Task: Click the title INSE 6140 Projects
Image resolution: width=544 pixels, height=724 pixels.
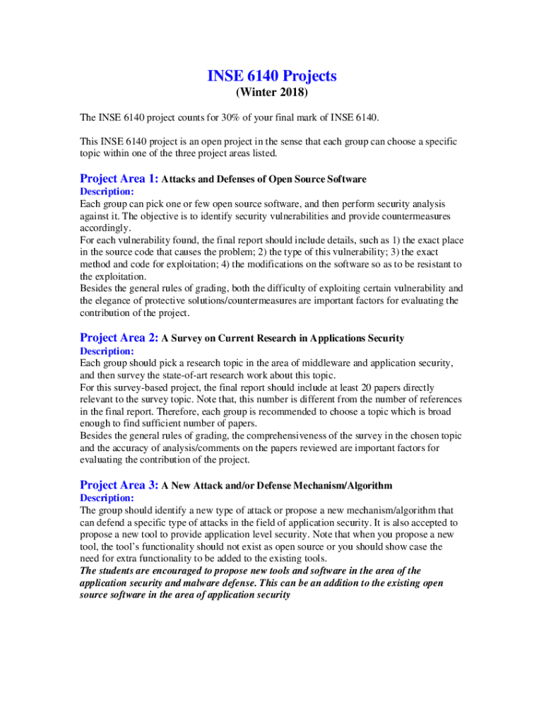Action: pos(272,76)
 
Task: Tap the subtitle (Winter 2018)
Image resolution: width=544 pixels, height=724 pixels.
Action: pos(272,93)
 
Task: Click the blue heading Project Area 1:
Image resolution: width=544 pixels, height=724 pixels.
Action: pos(119,179)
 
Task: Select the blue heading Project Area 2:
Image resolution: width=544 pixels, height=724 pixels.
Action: pos(119,338)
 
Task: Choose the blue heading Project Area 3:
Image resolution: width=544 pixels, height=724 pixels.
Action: pos(119,485)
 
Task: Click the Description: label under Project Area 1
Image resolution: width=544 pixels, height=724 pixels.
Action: pos(107,192)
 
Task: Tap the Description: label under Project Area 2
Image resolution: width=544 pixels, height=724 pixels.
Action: pos(107,351)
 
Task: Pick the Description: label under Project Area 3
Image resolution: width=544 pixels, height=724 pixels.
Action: pos(107,498)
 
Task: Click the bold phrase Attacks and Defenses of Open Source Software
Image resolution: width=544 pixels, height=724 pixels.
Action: pos(264,180)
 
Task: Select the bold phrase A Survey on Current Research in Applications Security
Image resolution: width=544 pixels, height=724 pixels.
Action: pos(283,339)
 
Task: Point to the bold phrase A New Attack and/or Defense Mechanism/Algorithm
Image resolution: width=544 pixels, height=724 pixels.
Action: pos(277,486)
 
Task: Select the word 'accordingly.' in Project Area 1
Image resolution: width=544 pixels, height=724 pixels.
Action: pos(105,228)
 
